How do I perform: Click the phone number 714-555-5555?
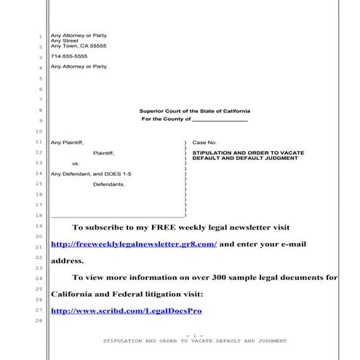[69, 56]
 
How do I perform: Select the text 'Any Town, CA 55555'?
[79, 46]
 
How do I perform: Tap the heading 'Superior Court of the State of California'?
[193, 111]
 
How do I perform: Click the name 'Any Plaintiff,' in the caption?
[68, 143]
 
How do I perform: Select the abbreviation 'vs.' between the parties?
[76, 164]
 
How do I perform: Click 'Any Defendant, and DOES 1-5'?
[91, 175]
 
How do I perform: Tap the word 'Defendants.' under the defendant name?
[109, 185]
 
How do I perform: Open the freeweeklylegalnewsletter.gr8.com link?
[134, 244]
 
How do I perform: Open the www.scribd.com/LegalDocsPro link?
[126, 311]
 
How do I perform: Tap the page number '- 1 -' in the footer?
[191, 335]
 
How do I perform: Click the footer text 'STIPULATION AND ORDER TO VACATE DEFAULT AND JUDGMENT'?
[194, 340]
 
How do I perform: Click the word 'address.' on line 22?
[68, 260]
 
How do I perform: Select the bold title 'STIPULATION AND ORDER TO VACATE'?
[243, 152]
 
